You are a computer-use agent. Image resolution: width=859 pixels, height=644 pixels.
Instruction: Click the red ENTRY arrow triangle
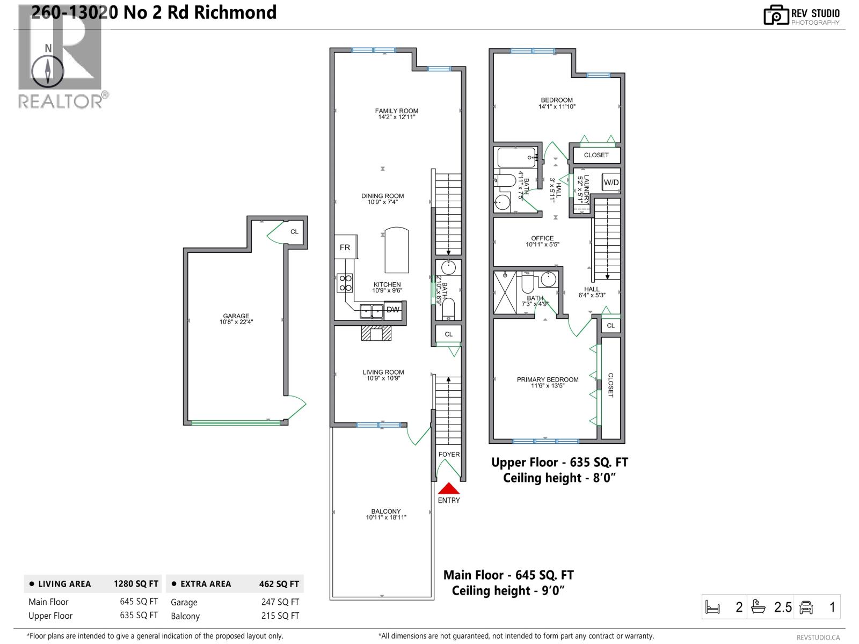(449, 489)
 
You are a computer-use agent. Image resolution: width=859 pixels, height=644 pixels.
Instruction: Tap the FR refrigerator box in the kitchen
(345, 247)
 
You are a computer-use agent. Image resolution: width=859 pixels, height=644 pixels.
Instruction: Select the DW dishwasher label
(393, 310)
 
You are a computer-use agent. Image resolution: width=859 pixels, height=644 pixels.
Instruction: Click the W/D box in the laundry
(611, 182)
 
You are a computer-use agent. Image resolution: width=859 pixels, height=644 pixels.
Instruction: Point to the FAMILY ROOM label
(396, 111)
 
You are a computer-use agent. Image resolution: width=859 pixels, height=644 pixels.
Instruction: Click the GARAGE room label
(236, 316)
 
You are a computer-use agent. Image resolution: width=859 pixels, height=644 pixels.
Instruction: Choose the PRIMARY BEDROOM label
(548, 379)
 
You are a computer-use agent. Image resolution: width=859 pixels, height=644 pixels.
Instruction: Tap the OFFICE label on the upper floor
(542, 238)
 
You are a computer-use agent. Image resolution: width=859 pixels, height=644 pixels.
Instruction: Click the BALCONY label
(386, 511)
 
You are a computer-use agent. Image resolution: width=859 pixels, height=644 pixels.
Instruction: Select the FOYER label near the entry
(449, 454)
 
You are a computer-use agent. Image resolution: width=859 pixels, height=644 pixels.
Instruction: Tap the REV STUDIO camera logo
(775, 15)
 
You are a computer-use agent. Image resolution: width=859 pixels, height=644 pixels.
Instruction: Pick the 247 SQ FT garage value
(280, 602)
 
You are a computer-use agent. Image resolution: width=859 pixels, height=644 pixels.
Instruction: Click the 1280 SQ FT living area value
(136, 584)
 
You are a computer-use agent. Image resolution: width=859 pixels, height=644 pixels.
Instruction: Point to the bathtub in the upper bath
(516, 157)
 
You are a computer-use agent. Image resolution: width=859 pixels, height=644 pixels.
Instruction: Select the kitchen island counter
(397, 251)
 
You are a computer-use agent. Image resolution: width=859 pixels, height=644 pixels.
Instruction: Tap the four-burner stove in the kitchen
(345, 283)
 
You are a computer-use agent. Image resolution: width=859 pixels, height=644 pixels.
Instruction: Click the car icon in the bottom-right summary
(806, 608)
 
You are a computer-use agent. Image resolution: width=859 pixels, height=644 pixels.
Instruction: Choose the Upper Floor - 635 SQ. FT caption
(559, 463)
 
